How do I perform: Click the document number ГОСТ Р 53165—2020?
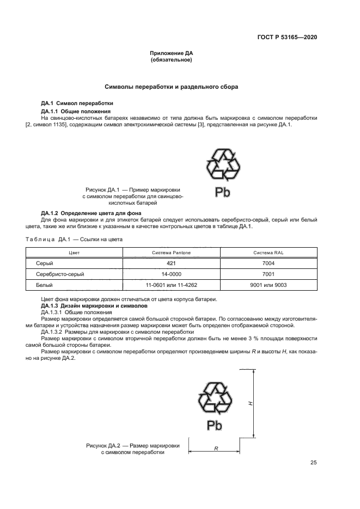pos(287,38)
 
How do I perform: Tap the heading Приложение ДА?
pos(172,53)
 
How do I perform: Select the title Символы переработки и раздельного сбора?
pos(171,87)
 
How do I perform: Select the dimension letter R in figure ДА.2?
pos(216,448)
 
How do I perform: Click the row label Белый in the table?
pos(45,285)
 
